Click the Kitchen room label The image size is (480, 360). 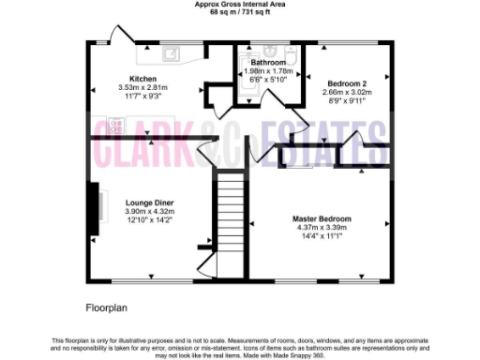pos(142,78)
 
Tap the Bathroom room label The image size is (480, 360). pos(267,62)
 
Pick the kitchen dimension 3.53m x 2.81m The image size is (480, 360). pos(142,87)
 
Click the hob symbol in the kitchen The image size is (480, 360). pos(116,123)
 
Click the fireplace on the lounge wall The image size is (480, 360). pos(93,202)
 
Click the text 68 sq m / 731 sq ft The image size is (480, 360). pos(239,11)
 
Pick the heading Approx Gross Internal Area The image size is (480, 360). pos(239,4)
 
